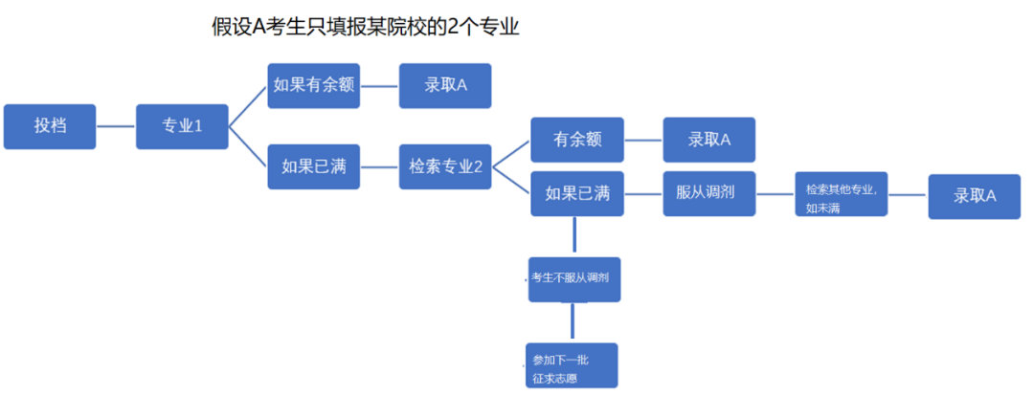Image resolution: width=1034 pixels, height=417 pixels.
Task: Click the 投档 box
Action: [x=50, y=126]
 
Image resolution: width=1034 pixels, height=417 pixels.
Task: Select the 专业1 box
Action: [x=182, y=126]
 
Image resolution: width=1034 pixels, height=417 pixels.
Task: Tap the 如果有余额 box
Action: [x=314, y=85]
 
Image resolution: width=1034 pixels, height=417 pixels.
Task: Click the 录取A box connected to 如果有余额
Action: [x=445, y=85]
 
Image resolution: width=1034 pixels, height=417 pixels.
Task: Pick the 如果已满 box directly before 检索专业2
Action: [x=314, y=166]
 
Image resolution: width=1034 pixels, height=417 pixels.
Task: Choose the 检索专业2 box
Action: [x=445, y=166]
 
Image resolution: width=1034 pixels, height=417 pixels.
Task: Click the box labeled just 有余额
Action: [x=577, y=140]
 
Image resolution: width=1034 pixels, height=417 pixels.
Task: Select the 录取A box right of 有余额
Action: [x=709, y=140]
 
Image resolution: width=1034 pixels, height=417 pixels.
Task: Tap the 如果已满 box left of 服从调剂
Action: [x=577, y=193]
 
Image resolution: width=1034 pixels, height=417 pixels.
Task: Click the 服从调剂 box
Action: [x=709, y=193]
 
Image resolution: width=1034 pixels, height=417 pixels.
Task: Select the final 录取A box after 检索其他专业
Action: [x=975, y=196]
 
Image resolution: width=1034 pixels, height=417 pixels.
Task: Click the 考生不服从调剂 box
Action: [x=574, y=278]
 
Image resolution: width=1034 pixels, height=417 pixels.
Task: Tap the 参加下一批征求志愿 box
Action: [x=572, y=365]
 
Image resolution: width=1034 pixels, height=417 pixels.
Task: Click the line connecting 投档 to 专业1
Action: [x=116, y=126]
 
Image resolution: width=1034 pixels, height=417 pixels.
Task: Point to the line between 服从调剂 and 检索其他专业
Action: [x=775, y=194]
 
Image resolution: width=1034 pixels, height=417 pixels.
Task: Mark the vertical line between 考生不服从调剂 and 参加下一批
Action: [x=573, y=322]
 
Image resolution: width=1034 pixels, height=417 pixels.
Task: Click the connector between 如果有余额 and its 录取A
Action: [x=379, y=85]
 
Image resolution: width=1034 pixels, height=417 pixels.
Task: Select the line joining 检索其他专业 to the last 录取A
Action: [x=908, y=196]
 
